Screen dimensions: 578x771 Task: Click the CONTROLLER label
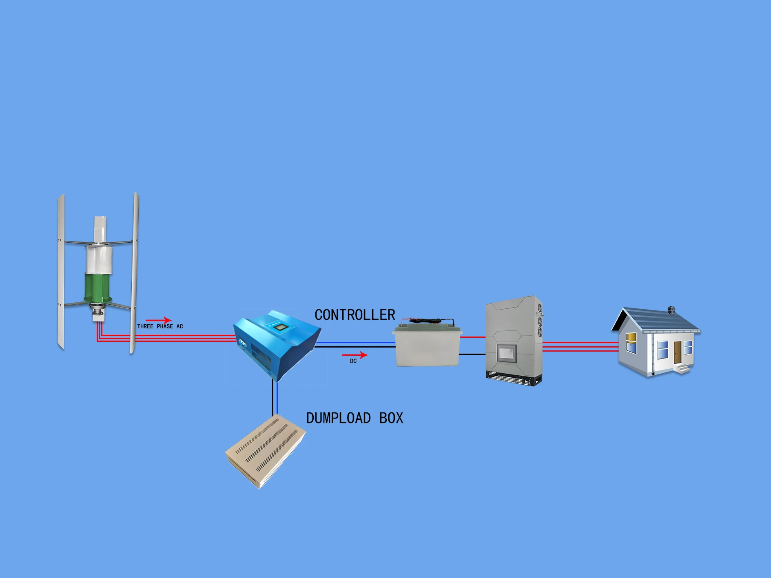coord(354,315)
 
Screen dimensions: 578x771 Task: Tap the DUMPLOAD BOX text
coord(354,418)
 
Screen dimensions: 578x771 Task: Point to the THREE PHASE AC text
coord(160,326)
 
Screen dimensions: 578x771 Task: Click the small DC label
coord(353,361)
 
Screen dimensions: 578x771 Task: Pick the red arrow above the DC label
coord(354,355)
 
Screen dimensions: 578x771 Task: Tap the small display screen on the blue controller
coord(279,327)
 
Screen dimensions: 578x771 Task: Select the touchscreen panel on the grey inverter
coord(507,353)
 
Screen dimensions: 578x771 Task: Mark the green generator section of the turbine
coord(97,288)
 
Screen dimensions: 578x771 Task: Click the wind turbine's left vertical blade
coord(61,271)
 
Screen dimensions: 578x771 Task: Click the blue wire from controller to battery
coord(355,343)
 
